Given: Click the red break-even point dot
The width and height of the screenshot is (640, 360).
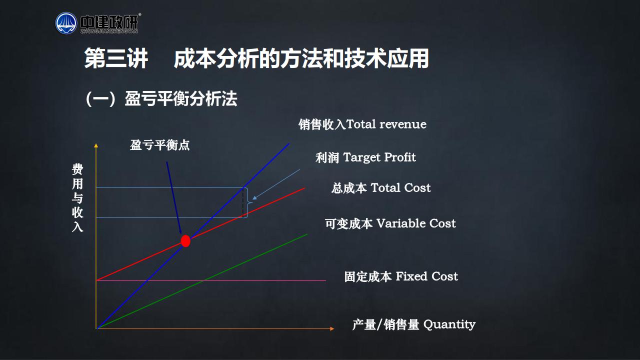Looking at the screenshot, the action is [x=185, y=241].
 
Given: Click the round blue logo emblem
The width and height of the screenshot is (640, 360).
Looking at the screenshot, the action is [x=66, y=23].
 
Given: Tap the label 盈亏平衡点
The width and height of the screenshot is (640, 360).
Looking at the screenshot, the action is [x=159, y=145].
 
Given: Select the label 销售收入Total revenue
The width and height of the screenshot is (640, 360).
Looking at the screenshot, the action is [x=362, y=124].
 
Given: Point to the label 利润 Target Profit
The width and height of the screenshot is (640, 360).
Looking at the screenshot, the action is [x=365, y=157].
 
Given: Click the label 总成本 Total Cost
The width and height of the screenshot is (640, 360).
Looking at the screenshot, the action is [x=381, y=188].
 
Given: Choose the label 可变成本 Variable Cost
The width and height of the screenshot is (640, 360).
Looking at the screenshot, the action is [x=390, y=223].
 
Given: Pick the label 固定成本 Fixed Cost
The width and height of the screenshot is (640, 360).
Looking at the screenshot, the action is [x=401, y=276].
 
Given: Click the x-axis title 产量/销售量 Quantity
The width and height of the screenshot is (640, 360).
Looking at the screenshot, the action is [x=413, y=324].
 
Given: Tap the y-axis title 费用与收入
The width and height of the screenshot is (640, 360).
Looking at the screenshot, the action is [x=77, y=197].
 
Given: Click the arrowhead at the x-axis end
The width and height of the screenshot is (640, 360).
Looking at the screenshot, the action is [x=332, y=328].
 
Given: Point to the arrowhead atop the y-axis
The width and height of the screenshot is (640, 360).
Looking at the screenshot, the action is [x=96, y=145].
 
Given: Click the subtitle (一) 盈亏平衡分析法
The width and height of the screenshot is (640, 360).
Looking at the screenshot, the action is [x=161, y=99].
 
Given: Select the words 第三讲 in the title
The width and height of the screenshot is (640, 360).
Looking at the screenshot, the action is [x=116, y=58].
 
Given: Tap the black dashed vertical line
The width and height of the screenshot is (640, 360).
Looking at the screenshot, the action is [x=243, y=202].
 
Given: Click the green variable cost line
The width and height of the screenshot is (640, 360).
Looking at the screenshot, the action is [x=202, y=281].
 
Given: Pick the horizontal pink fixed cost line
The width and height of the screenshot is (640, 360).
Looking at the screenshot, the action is [x=211, y=280].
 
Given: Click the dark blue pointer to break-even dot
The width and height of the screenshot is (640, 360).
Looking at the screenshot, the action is [x=174, y=198].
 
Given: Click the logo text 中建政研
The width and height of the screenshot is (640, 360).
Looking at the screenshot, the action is [x=109, y=22].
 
